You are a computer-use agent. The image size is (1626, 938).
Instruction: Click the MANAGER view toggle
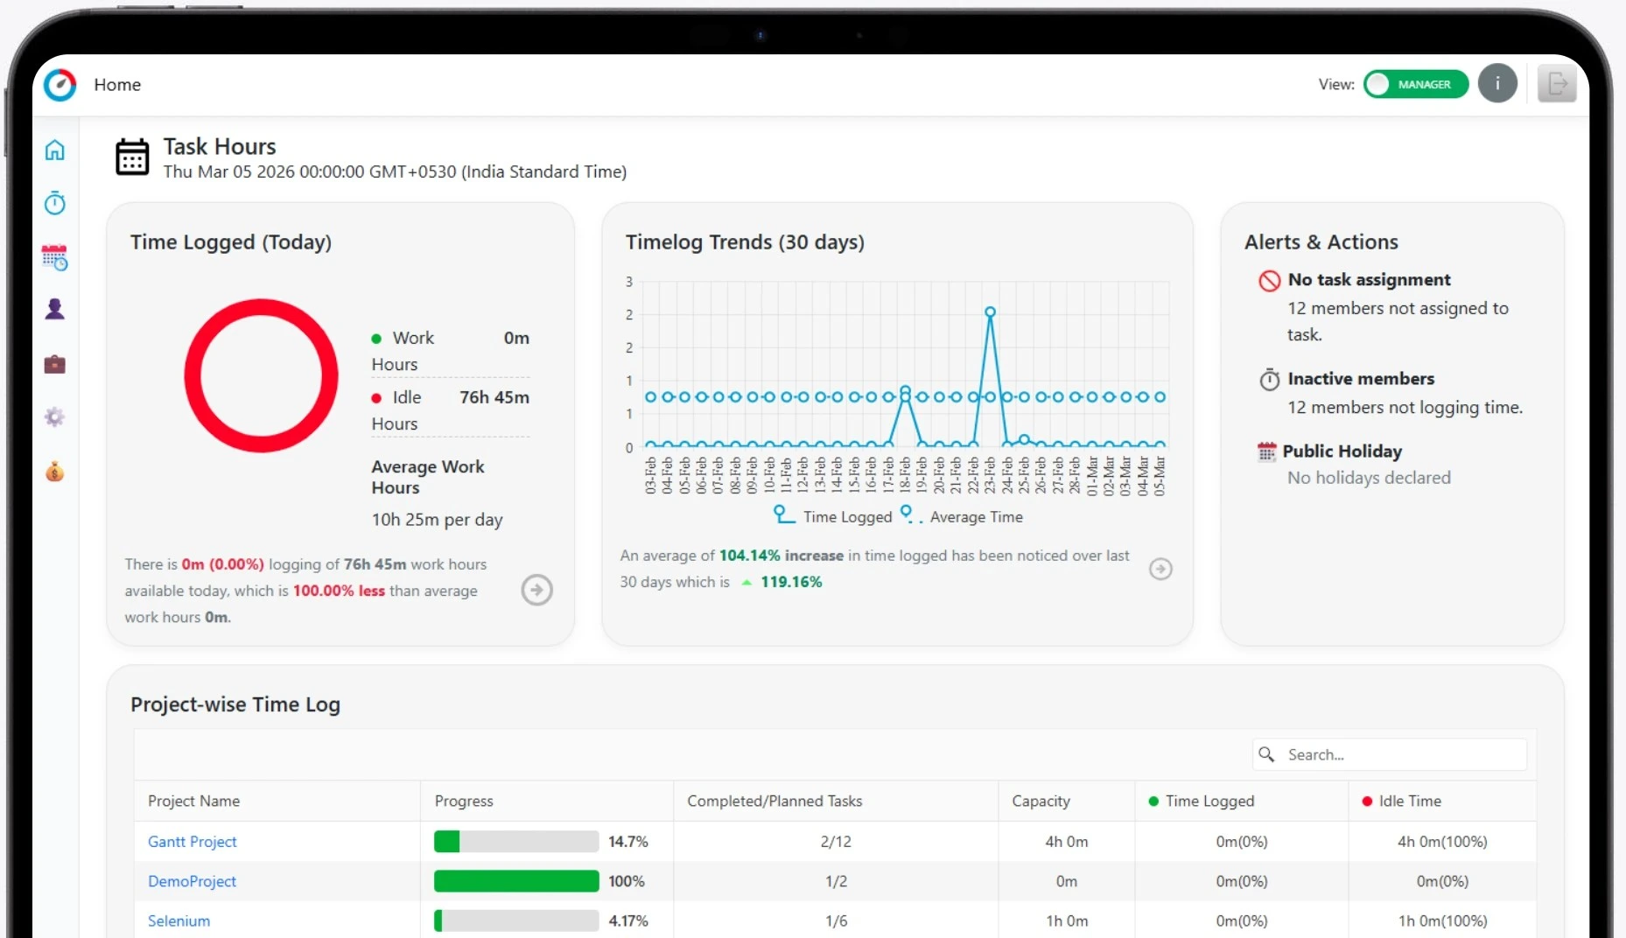coord(1415,84)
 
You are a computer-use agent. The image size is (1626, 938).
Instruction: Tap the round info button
coord(1497,84)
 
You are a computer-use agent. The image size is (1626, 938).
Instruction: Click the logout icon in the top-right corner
coord(1557,84)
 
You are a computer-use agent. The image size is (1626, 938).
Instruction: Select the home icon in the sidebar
coord(55,150)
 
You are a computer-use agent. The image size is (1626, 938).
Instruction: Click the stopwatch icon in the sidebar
coord(55,204)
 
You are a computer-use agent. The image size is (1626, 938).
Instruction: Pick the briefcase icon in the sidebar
coord(55,364)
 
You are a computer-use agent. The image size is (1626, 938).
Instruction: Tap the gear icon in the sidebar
coord(55,417)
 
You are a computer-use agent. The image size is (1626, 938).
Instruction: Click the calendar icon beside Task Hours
coord(132,157)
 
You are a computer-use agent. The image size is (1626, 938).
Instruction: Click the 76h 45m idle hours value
coord(494,397)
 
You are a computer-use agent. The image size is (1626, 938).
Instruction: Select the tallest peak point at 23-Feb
coord(990,312)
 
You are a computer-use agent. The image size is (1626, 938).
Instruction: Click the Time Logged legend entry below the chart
coord(832,516)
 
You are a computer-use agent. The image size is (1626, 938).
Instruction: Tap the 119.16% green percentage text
coord(791,582)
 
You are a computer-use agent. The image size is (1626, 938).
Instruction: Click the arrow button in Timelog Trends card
coord(1160,569)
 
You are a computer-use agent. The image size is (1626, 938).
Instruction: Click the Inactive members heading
coord(1361,379)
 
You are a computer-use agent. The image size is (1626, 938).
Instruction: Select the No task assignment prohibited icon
coord(1269,281)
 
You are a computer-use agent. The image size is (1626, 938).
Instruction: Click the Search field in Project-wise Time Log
coord(1400,754)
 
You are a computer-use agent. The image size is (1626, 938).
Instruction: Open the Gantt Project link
coord(192,842)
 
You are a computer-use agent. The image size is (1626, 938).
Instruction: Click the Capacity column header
coord(1041,801)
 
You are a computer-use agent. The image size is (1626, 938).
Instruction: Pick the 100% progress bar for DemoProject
coord(516,881)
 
